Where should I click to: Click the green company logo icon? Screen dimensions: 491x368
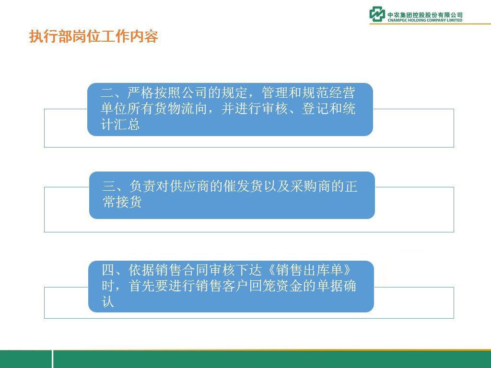click(x=377, y=14)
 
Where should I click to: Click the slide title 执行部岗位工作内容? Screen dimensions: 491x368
click(x=94, y=36)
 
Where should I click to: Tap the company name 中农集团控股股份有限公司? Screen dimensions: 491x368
click(x=425, y=15)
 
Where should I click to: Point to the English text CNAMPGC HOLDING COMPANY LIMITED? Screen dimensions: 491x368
click(x=425, y=20)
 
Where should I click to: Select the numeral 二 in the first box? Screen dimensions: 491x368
click(x=107, y=92)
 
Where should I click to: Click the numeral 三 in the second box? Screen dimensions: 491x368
click(x=109, y=186)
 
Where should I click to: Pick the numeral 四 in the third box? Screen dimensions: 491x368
click(x=108, y=270)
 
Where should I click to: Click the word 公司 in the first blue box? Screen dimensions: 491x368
click(x=194, y=92)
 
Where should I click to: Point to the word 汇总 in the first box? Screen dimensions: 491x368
click(x=127, y=125)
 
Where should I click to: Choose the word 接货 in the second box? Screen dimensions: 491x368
click(x=129, y=202)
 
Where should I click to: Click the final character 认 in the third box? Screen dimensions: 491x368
click(x=108, y=302)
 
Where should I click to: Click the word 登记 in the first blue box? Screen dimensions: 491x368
click(x=315, y=109)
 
